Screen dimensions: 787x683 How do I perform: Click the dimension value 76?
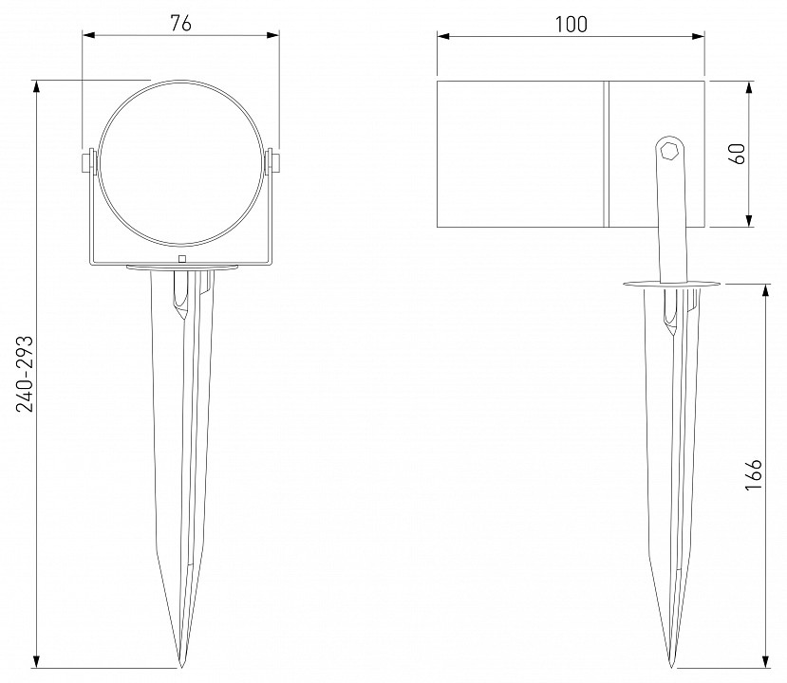(180, 23)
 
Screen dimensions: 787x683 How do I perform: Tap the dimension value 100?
(572, 24)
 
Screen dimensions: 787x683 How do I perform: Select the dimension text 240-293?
(25, 374)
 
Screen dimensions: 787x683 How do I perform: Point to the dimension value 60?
(738, 154)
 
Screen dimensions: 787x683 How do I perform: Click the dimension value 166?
(754, 474)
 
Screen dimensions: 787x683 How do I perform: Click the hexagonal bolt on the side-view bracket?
(669, 150)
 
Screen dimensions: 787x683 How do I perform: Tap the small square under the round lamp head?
(182, 259)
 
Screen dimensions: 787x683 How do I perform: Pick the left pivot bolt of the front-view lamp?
(88, 162)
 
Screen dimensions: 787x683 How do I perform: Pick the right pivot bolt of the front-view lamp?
(272, 162)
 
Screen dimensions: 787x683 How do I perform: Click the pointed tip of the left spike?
(181, 668)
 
